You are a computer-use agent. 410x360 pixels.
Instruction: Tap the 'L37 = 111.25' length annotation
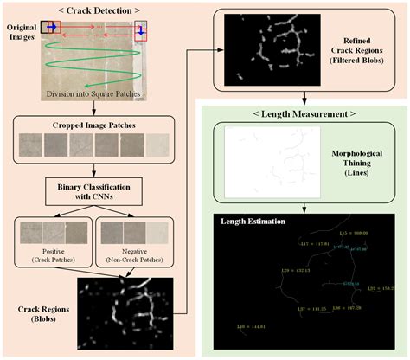309,307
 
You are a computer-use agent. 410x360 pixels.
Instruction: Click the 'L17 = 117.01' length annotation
291,244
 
